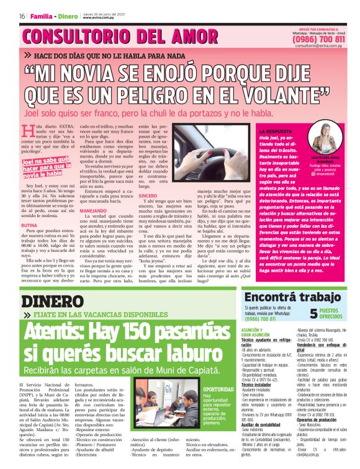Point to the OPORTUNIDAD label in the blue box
pos(218,389)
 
